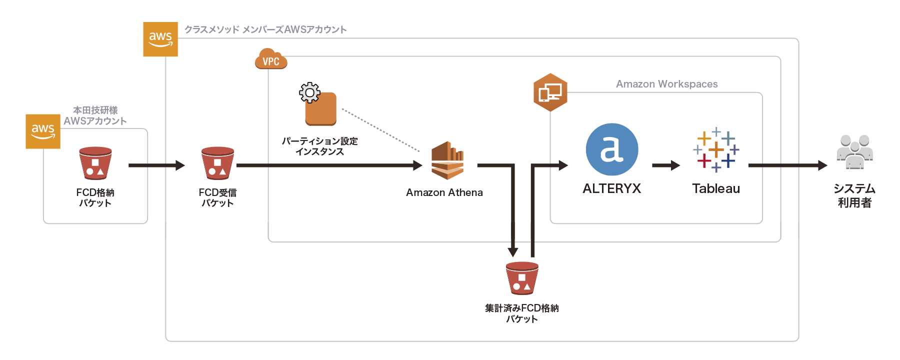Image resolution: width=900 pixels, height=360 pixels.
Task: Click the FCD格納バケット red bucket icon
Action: (x=95, y=163)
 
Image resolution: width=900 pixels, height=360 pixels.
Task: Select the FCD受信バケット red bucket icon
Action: (x=217, y=163)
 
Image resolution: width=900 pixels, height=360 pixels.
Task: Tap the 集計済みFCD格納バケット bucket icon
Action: (x=522, y=278)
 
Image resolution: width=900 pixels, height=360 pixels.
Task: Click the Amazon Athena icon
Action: (x=447, y=160)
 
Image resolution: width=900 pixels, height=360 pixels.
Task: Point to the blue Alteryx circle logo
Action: (x=612, y=149)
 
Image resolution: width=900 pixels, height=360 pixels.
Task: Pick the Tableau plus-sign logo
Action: (x=716, y=149)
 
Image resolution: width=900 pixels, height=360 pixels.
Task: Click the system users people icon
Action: (x=854, y=152)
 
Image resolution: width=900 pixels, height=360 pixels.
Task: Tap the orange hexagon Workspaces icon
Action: (x=550, y=92)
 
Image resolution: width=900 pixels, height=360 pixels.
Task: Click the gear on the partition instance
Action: (x=309, y=93)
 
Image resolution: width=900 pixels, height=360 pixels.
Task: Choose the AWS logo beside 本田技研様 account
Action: (x=43, y=131)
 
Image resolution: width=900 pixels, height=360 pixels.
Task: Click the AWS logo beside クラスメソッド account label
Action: (x=160, y=39)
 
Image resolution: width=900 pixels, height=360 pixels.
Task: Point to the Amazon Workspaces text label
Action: (x=666, y=84)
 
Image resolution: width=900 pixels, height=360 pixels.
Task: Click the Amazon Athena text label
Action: (x=444, y=192)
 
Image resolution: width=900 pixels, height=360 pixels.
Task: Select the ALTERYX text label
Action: (x=611, y=188)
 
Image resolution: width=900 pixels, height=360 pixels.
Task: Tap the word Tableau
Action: (x=716, y=188)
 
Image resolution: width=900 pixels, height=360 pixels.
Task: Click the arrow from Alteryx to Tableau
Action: (x=666, y=165)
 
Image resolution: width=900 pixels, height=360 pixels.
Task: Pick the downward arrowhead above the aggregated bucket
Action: (x=512, y=251)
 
